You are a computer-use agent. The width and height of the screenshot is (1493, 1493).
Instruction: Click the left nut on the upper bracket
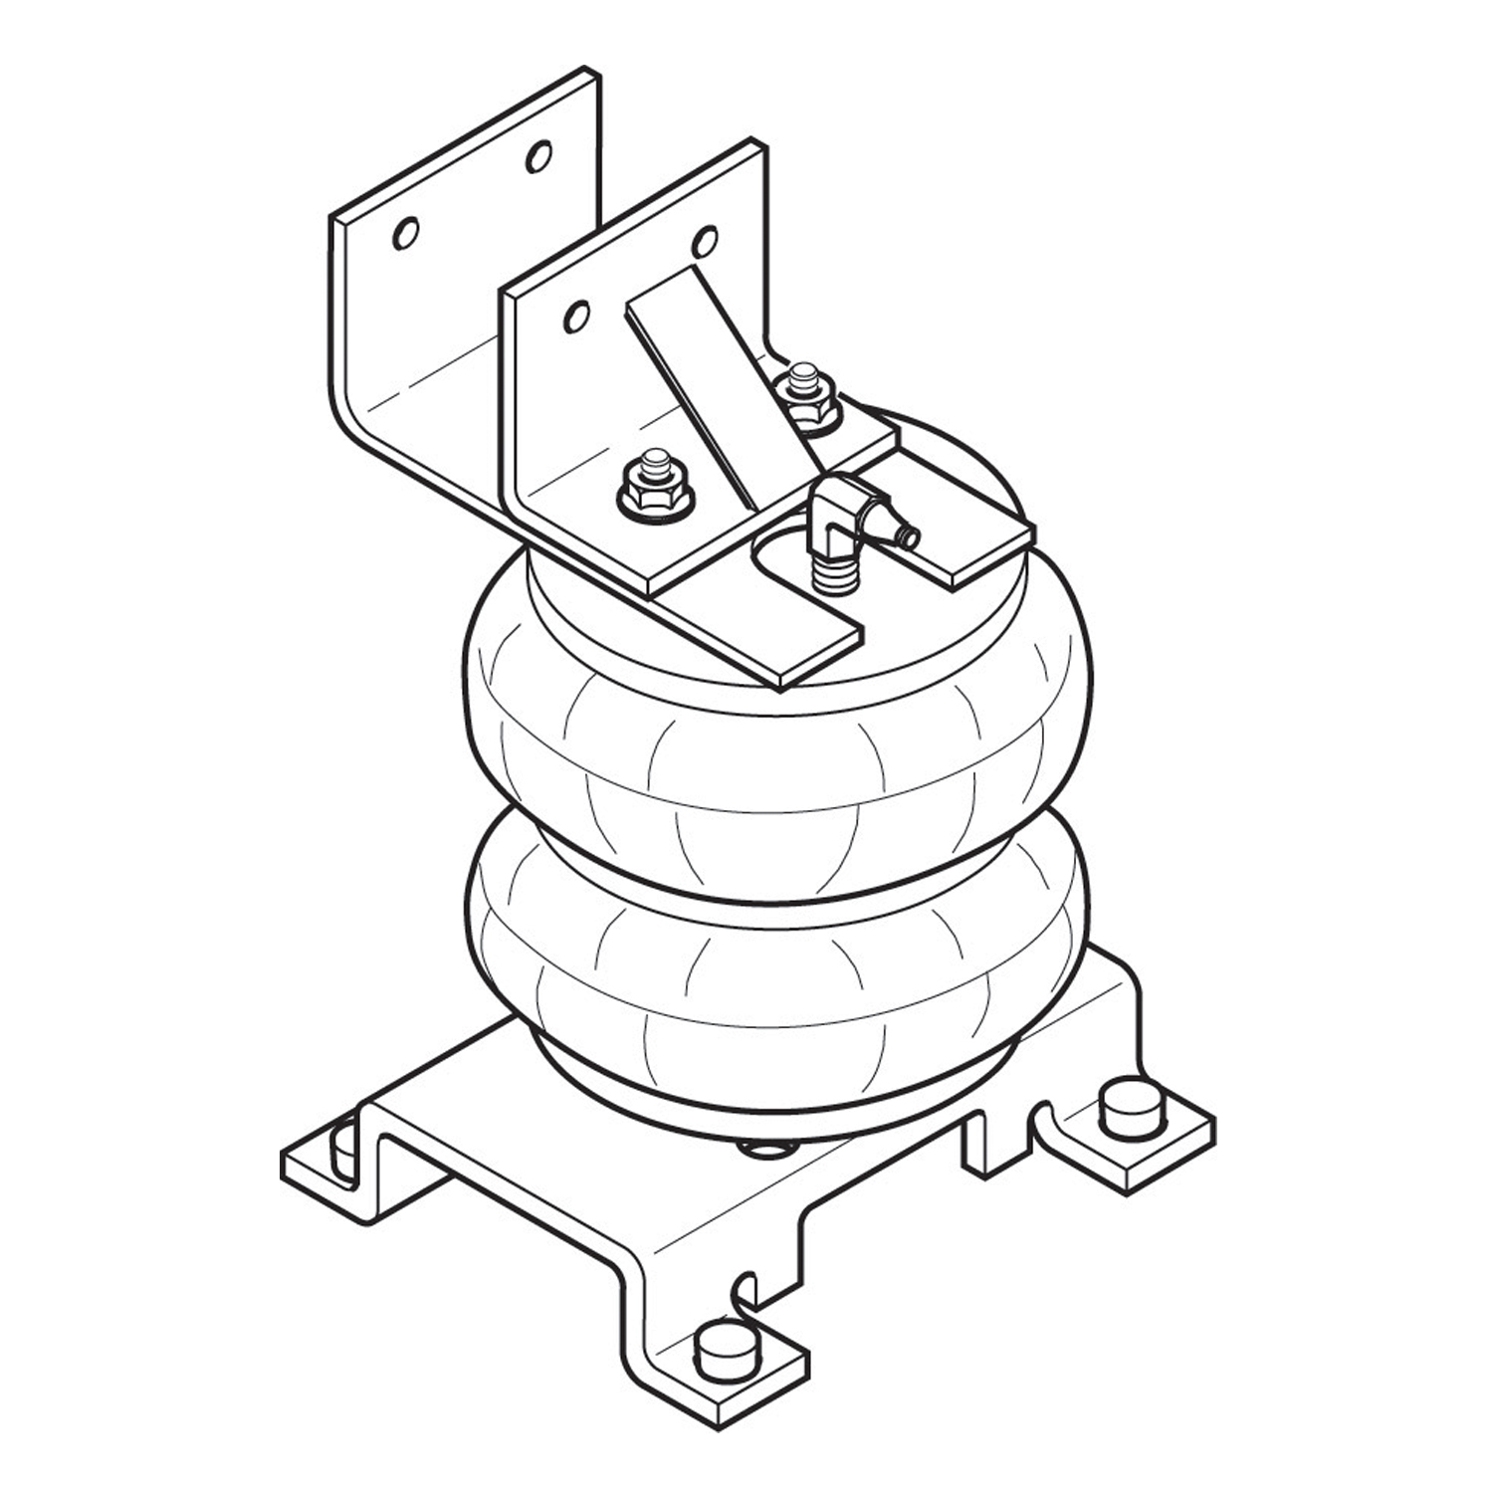tap(654, 486)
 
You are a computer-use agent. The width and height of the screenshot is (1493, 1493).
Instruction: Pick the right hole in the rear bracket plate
tap(538, 155)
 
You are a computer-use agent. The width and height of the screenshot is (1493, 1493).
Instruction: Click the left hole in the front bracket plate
tap(575, 317)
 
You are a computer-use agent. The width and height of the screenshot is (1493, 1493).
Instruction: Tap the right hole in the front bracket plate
tap(705, 241)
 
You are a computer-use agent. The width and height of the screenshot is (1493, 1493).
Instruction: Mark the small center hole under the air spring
tap(766, 1151)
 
